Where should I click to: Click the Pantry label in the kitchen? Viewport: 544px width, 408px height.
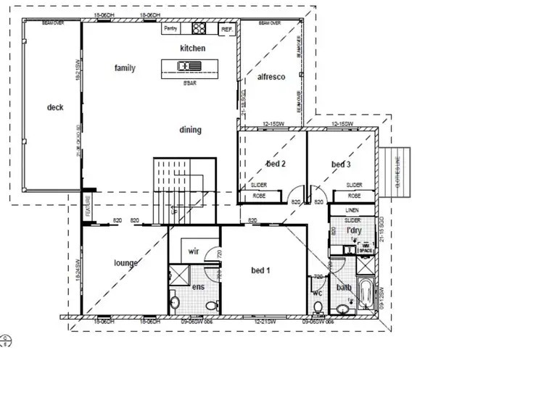170,29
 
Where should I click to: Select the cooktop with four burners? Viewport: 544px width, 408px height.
199,29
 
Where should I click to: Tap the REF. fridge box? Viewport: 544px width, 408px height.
226,30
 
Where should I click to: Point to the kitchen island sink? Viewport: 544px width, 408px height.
185,67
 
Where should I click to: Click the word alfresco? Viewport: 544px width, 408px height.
271,77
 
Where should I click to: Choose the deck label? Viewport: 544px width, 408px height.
55,107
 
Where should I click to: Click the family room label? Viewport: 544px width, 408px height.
125,68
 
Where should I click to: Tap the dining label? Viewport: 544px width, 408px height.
191,130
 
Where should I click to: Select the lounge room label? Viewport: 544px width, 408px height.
125,263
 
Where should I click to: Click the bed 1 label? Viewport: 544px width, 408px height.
261,270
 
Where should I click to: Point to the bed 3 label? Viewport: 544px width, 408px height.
341,165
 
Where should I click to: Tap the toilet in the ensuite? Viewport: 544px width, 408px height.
175,302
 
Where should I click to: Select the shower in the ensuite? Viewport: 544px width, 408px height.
176,275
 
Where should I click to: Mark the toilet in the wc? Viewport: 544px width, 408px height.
318,307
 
